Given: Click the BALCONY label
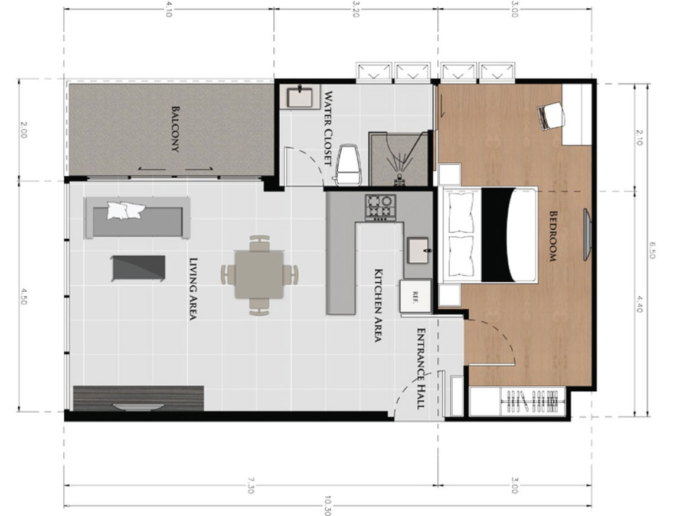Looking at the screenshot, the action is point(175,129).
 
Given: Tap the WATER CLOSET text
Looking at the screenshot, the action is point(328,129).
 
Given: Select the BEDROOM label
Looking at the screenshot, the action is point(553,236).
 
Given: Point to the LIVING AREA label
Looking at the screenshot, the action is point(194,289).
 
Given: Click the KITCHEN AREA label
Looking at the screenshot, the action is point(378,305).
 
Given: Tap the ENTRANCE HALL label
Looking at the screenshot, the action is point(420,368).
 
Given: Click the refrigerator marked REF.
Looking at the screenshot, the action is point(416,296).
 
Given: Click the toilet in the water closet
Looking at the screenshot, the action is point(349,164).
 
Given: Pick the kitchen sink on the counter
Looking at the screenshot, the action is point(418,250).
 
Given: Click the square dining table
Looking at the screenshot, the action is point(259,275).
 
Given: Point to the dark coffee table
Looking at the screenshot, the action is point(138,268).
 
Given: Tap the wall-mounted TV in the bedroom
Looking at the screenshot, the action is point(587,234).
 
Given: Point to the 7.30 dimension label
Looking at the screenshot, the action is point(251,485).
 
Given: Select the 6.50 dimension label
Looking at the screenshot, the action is point(652,250).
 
